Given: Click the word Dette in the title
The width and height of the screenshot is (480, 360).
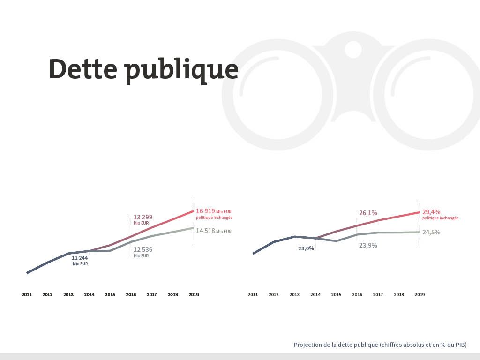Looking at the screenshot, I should point(82,69).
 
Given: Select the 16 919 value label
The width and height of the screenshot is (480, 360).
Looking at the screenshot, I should point(205,211).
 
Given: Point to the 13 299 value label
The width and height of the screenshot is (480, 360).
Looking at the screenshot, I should point(143,217).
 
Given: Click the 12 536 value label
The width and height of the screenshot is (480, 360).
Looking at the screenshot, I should point(143,249).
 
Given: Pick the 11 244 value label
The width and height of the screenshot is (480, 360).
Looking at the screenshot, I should point(80,258).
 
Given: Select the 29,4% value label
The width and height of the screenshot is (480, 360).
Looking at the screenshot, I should point(431,212).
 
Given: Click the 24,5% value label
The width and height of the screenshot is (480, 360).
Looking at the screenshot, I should point(431,232).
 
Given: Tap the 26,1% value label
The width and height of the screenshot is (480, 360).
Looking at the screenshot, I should point(368,213).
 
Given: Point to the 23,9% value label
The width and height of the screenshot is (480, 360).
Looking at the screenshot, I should point(368,245).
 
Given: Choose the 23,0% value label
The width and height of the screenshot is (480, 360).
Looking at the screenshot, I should point(306,248).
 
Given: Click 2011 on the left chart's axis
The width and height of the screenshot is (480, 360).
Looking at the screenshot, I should point(27,295).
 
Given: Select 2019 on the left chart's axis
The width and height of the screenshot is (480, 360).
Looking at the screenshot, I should point(194,295).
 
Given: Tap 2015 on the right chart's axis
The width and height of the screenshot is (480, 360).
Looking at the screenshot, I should point(336,295).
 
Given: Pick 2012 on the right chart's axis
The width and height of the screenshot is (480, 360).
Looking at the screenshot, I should point(274,295).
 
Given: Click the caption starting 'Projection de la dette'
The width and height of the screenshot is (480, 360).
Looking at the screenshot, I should point(380,345).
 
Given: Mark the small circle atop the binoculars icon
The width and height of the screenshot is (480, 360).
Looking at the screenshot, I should point(353,49).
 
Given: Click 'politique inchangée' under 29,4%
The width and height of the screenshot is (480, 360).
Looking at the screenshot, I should point(440,218).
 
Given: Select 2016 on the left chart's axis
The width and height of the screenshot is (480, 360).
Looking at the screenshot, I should point(131,295).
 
